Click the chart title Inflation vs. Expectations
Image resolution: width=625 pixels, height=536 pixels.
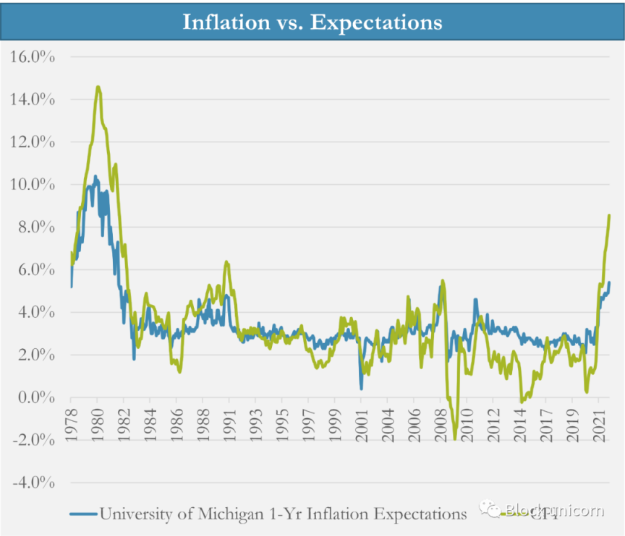312,21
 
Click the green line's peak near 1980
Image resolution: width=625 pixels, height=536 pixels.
98,87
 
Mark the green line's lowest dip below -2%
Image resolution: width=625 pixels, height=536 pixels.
455,438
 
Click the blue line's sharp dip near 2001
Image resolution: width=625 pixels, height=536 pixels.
362,389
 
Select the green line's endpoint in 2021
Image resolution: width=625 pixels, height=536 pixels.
610,215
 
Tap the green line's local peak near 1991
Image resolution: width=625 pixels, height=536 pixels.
226,261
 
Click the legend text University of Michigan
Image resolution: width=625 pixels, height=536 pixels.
282,514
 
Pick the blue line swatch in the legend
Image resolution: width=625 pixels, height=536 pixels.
82,514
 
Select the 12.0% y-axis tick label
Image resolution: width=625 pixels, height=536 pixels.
34,142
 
